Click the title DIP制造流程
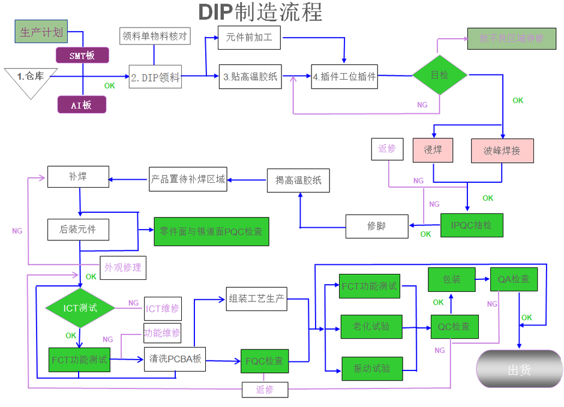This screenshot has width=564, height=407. click(x=260, y=13)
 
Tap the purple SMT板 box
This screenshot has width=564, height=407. click(x=82, y=55)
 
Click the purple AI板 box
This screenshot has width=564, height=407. click(x=82, y=105)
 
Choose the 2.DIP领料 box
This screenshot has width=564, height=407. click(x=155, y=77)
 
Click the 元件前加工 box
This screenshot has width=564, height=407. click(x=249, y=38)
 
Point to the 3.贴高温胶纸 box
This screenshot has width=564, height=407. click(x=250, y=77)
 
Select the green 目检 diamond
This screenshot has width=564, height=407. click(x=440, y=75)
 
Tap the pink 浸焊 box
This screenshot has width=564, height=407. click(x=433, y=150)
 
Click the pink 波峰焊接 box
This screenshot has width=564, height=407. click(x=502, y=150)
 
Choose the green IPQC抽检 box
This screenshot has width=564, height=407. click(x=471, y=225)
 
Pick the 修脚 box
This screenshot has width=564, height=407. click(x=376, y=226)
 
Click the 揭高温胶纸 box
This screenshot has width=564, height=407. click(x=298, y=180)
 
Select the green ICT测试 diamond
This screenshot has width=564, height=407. click(x=80, y=308)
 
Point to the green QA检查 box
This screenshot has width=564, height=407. click(x=514, y=279)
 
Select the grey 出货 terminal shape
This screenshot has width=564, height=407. click(x=519, y=370)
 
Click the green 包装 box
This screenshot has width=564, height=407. click(x=451, y=279)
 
